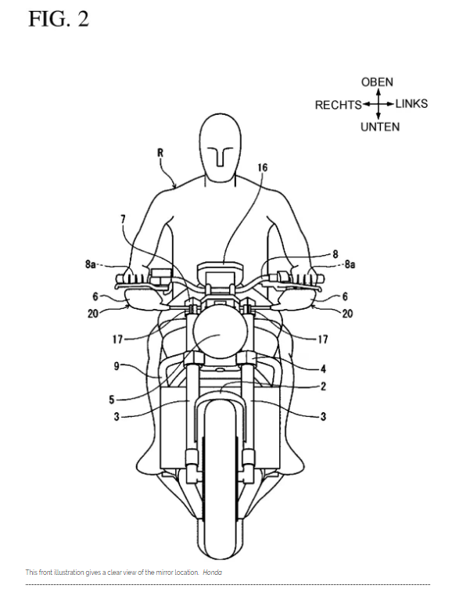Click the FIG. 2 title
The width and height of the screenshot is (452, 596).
point(59,20)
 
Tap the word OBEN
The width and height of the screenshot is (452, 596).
point(377,82)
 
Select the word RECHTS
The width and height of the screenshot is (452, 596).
point(339,105)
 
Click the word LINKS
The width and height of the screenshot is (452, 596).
point(411,104)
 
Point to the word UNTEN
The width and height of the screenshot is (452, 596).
point(380,127)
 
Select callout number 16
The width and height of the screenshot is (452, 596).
point(262,167)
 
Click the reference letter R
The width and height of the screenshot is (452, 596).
point(160,153)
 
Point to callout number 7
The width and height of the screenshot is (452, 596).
point(123,219)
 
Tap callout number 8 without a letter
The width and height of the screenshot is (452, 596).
point(335,254)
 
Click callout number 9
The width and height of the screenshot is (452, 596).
point(117,366)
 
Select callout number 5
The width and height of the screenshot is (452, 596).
point(111,400)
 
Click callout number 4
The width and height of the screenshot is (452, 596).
point(323,368)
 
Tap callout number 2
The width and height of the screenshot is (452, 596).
point(323,386)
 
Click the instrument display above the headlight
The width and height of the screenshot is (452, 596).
point(220,272)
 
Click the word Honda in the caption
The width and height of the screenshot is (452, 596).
point(212,572)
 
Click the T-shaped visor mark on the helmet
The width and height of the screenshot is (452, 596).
point(221,156)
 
